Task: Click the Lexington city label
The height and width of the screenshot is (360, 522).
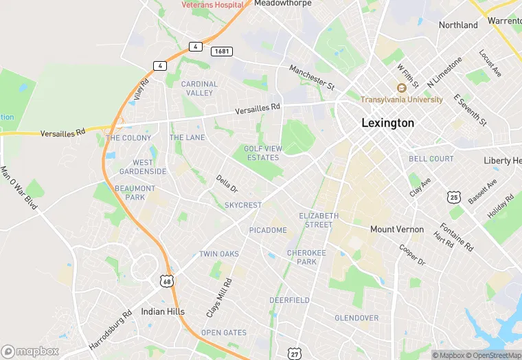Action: pyautogui.click(x=388, y=123)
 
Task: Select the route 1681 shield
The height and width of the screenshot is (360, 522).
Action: pyautogui.click(x=221, y=52)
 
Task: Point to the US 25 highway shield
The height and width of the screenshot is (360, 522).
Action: pyautogui.click(x=453, y=197)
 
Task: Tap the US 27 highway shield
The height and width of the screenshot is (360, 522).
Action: pyautogui.click(x=294, y=353)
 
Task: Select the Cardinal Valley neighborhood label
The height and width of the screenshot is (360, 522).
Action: pyautogui.click(x=199, y=88)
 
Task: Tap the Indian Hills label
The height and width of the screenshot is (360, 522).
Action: pyautogui.click(x=163, y=311)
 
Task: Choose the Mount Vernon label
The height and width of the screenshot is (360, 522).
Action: pyautogui.click(x=397, y=229)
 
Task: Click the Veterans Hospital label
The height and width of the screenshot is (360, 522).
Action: pyautogui.click(x=213, y=4)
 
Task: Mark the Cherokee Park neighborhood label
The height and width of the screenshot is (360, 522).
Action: pyautogui.click(x=302, y=257)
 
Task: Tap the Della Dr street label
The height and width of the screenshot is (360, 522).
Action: pyautogui.click(x=227, y=184)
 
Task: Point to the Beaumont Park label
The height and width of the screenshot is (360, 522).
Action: pyautogui.click(x=135, y=192)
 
